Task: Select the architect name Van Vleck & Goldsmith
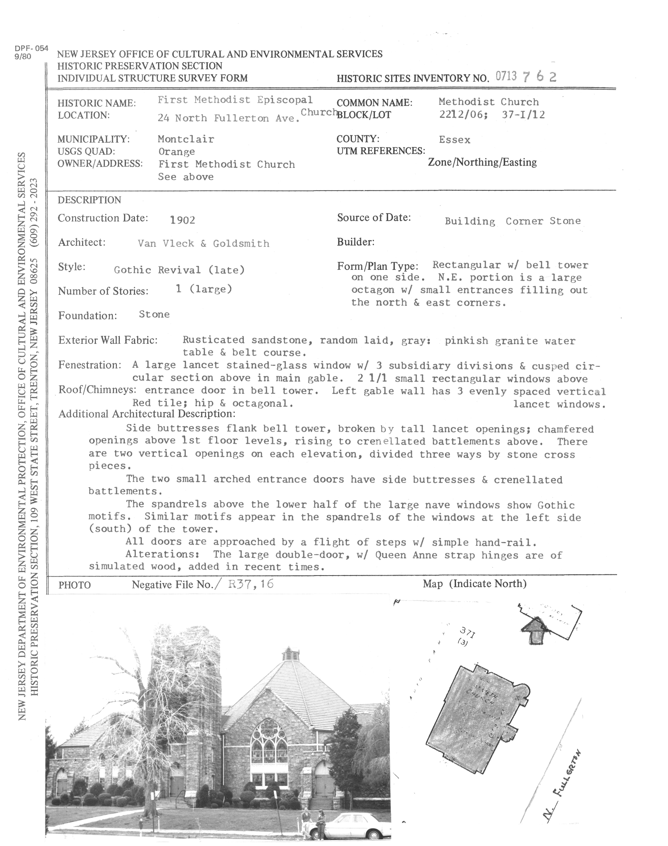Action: [x=203, y=244]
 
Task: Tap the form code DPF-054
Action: [x=31, y=48]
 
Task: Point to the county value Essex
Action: [x=454, y=140]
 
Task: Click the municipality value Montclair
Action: [x=186, y=139]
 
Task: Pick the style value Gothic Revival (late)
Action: [x=179, y=270]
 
